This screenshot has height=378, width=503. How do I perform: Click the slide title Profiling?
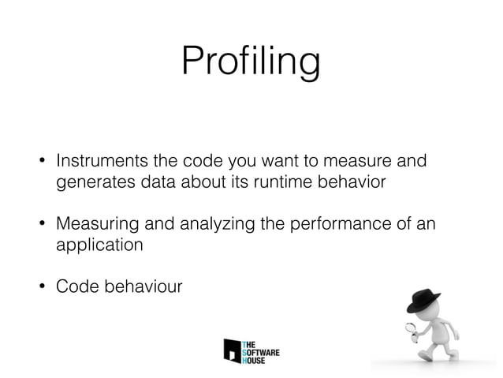pos(251,61)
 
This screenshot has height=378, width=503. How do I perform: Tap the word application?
pos(99,245)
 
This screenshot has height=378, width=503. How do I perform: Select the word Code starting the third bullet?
pos(73,286)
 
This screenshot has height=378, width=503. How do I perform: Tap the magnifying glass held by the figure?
pos(411,327)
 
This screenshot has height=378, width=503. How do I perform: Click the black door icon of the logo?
pos(232,350)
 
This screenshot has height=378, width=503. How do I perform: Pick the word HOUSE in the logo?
pos(255,360)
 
